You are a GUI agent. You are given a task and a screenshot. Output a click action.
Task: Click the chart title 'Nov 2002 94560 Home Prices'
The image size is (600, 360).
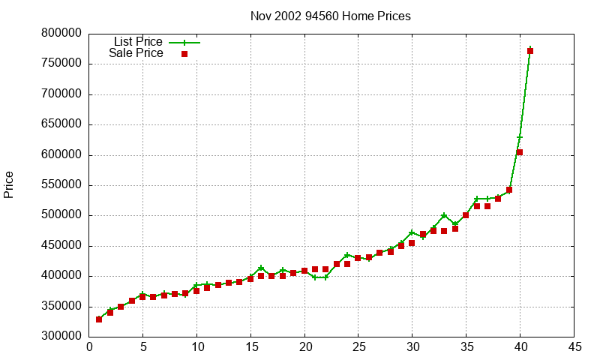click(x=331, y=16)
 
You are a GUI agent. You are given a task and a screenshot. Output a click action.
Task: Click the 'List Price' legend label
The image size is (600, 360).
click(x=138, y=41)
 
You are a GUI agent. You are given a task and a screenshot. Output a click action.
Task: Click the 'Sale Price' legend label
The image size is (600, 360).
click(x=136, y=53)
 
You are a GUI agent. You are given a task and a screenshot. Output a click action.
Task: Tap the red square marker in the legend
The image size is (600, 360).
click(x=184, y=54)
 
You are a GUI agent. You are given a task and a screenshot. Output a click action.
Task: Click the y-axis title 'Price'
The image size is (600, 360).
click(x=9, y=184)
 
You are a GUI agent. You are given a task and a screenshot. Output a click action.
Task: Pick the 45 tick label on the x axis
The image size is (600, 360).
click(x=574, y=347)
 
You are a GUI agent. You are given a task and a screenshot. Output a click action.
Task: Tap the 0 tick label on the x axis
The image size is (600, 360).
click(x=89, y=347)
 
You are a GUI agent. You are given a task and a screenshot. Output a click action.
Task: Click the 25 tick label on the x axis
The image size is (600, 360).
click(x=358, y=347)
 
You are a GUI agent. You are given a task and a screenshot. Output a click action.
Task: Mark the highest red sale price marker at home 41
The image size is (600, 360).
click(x=530, y=51)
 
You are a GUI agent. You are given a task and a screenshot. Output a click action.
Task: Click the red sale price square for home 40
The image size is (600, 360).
click(x=520, y=152)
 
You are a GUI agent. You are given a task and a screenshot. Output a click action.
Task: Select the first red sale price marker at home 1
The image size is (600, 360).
click(x=99, y=319)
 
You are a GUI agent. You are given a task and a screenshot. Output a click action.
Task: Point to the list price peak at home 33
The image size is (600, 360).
click(x=444, y=216)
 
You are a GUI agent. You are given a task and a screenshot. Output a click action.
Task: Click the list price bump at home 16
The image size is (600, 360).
click(x=261, y=268)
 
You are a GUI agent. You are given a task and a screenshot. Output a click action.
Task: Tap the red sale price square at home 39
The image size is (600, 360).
click(x=509, y=190)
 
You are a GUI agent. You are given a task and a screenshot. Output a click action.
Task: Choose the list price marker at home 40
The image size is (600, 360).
click(x=520, y=137)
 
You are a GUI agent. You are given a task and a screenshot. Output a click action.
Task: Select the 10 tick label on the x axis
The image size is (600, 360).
click(x=196, y=347)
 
